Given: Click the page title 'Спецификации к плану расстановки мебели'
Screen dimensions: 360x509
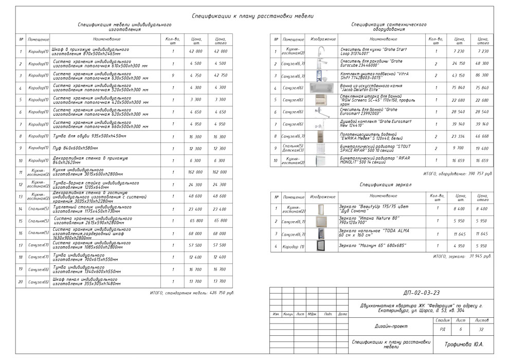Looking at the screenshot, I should pyautogui.click(x=252, y=16).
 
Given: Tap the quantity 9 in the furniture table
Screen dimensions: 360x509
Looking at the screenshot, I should pyautogui.click(x=173, y=75).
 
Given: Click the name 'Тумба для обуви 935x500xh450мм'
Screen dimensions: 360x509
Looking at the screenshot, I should pyautogui.click(x=90, y=136).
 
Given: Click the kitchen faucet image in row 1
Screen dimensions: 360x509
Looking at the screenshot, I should pyautogui.click(x=321, y=51).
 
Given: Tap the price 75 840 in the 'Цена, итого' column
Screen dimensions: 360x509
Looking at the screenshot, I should pyautogui.click(x=483, y=87).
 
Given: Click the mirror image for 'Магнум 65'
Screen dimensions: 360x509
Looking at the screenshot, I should pyautogui.click(x=322, y=246).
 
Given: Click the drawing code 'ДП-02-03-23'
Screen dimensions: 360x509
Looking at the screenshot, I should pyautogui.click(x=419, y=293).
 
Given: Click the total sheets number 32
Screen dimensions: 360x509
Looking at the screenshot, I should pyautogui.click(x=481, y=330).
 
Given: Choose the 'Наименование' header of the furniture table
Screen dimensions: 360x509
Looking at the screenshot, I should pyautogui.click(x=107, y=39).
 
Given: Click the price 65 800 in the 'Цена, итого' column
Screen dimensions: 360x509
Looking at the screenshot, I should pyautogui.click(x=220, y=220).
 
